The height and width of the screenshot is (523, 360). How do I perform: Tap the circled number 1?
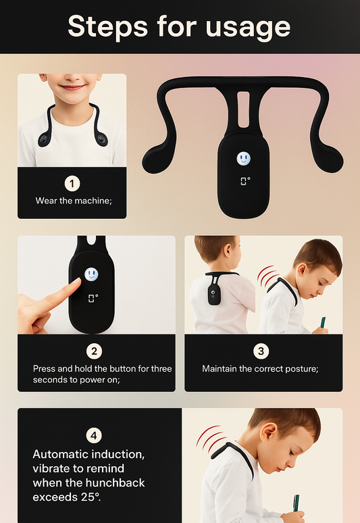coord(72,183)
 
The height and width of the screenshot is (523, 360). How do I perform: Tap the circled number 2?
coord(95,351)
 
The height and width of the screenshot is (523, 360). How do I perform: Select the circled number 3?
coord(261,351)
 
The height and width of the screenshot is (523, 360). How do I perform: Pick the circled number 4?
coord(95,436)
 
